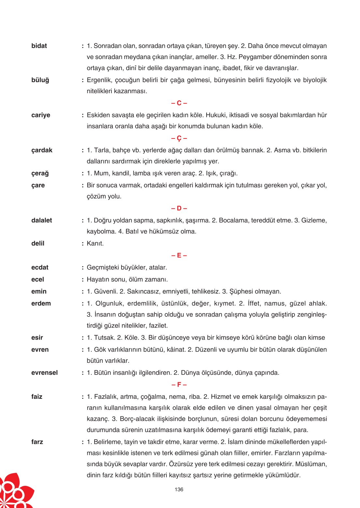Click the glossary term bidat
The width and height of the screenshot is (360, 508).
[x=39, y=46]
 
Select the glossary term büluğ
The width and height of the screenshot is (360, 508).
[x=40, y=80]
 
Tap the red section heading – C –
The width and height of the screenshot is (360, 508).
[x=179, y=103]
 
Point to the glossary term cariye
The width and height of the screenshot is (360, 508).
[x=41, y=115]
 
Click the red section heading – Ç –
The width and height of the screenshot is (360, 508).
[x=179, y=138]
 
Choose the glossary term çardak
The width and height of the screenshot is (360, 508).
[x=42, y=151]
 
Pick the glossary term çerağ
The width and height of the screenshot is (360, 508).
[x=40, y=174]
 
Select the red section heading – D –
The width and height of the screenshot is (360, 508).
[x=179, y=209]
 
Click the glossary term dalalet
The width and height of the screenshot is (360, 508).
[x=42, y=221]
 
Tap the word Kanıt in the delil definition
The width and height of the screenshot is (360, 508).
[x=95, y=244]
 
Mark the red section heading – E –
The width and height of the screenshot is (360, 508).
[x=179, y=255]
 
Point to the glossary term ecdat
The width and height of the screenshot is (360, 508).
[x=40, y=268]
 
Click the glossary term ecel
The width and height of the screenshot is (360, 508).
[x=37, y=280]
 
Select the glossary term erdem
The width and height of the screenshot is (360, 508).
[x=41, y=304]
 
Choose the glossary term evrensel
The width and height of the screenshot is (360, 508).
[x=44, y=373]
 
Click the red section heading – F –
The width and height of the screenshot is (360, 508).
[x=179, y=385]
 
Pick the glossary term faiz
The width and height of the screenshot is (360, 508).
[x=37, y=397]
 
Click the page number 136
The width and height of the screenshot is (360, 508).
[x=179, y=489]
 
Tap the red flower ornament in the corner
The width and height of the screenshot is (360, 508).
[x=15, y=492]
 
